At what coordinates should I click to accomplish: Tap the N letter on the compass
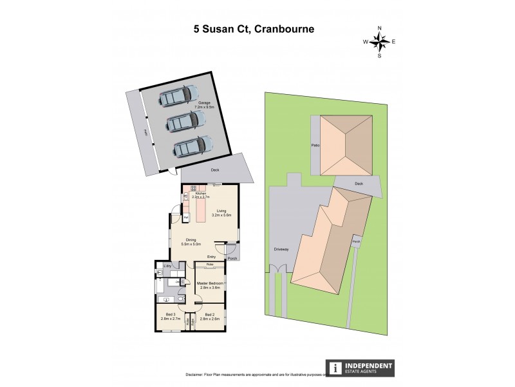pyautogui.click(x=380, y=28)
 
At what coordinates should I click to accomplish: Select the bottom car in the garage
pyautogui.click(x=192, y=146)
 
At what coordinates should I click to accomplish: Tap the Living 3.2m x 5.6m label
pyautogui.click(x=221, y=212)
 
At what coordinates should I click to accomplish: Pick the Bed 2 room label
pyautogui.click(x=210, y=316)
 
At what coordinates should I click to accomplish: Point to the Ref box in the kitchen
pyautogui.click(x=185, y=218)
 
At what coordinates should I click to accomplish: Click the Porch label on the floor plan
pyautogui.click(x=232, y=259)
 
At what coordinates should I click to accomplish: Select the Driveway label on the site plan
pyautogui.click(x=281, y=248)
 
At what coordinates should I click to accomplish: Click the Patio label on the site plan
pyautogui.click(x=316, y=146)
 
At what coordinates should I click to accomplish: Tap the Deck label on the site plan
pyautogui.click(x=359, y=184)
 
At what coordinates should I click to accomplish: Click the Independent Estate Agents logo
pyautogui.click(x=361, y=368)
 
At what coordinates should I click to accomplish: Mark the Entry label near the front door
pyautogui.click(x=211, y=256)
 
